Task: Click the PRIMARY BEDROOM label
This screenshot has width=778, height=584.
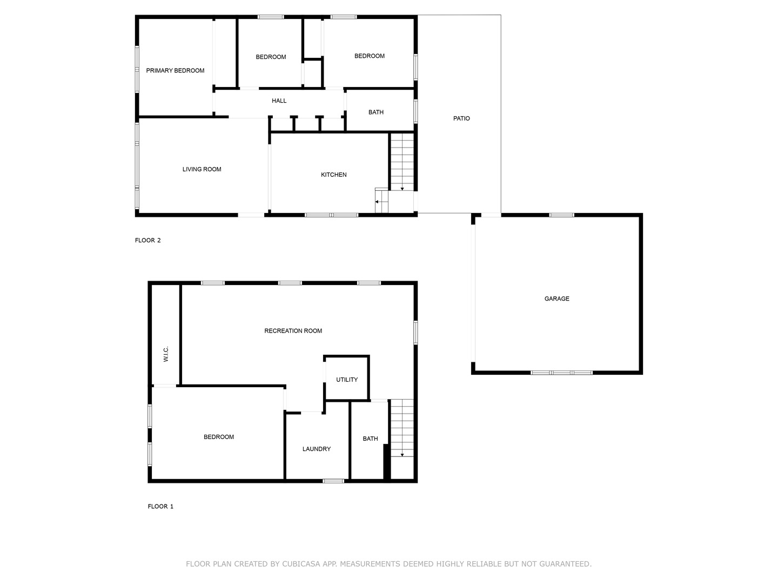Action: [175, 70]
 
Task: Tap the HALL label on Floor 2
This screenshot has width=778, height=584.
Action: [279, 101]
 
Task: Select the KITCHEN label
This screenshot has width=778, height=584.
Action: [333, 175]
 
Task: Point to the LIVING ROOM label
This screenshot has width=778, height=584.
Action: [202, 169]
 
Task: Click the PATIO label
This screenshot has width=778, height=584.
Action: [461, 118]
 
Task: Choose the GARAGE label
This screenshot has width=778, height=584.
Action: [557, 298]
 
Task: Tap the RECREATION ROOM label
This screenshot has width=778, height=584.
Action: [293, 331]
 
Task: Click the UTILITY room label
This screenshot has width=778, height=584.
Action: [347, 380]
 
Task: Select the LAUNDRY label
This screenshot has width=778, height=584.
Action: [317, 449]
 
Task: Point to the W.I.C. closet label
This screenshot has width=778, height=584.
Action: [166, 354]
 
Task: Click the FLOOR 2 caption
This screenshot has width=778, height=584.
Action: [148, 240]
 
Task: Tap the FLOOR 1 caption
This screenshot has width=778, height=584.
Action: [160, 506]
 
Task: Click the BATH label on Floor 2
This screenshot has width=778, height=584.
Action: [375, 112]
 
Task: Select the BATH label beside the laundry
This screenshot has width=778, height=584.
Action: [370, 439]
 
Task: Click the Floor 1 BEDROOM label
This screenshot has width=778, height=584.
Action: [219, 437]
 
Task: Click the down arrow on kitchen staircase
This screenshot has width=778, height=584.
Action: [402, 189]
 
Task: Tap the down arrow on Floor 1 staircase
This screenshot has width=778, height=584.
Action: [402, 455]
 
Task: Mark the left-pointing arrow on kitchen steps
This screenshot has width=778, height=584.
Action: [377, 202]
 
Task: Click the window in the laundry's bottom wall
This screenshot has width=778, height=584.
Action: [333, 481]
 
